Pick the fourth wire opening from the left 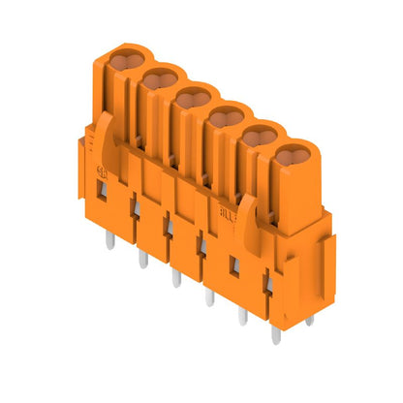[226, 118]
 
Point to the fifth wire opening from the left [259, 138]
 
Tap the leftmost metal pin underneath [109, 239]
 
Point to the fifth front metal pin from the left [243, 316]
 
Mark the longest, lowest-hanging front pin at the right [276, 334]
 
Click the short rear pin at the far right [309, 320]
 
